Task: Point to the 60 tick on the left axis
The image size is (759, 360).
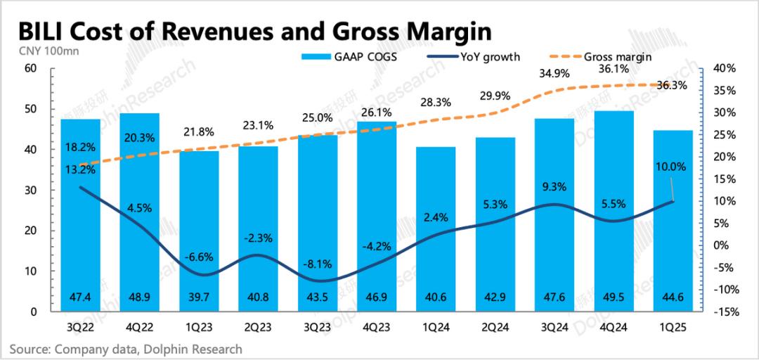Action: tap(30, 68)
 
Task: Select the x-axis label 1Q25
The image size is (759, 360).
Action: tap(673, 328)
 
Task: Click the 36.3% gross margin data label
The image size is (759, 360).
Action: tap(673, 85)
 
